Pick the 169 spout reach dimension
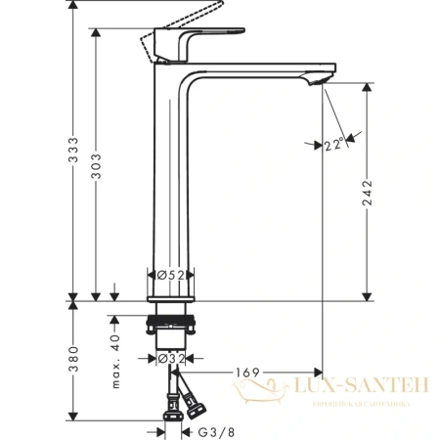[x=247, y=374]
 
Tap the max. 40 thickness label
[x=114, y=352]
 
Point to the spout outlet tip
[x=316, y=81]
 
